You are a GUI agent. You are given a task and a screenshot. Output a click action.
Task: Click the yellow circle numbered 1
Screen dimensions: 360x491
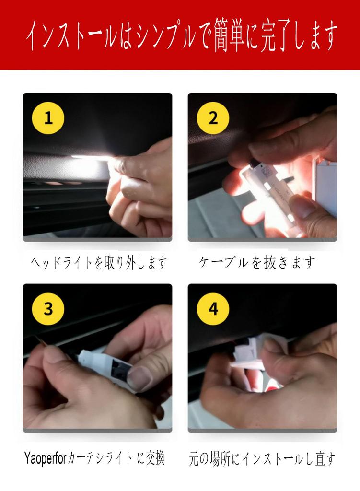click(x=48, y=118)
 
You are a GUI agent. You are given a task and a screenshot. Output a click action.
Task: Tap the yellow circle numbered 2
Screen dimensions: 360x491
click(x=213, y=118)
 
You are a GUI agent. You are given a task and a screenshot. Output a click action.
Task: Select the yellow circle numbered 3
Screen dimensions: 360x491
click(x=48, y=309)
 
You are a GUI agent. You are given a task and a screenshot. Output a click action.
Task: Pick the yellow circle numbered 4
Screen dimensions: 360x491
click(x=213, y=309)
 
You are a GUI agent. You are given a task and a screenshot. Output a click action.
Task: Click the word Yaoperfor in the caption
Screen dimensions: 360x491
click(x=46, y=458)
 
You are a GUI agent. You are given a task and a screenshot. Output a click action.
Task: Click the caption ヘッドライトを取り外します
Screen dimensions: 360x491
click(x=99, y=262)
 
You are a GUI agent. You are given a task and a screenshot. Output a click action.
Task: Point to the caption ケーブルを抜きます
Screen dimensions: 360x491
click(x=256, y=262)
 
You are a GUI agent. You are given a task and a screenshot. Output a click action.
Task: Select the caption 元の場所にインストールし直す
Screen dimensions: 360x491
click(x=262, y=459)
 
